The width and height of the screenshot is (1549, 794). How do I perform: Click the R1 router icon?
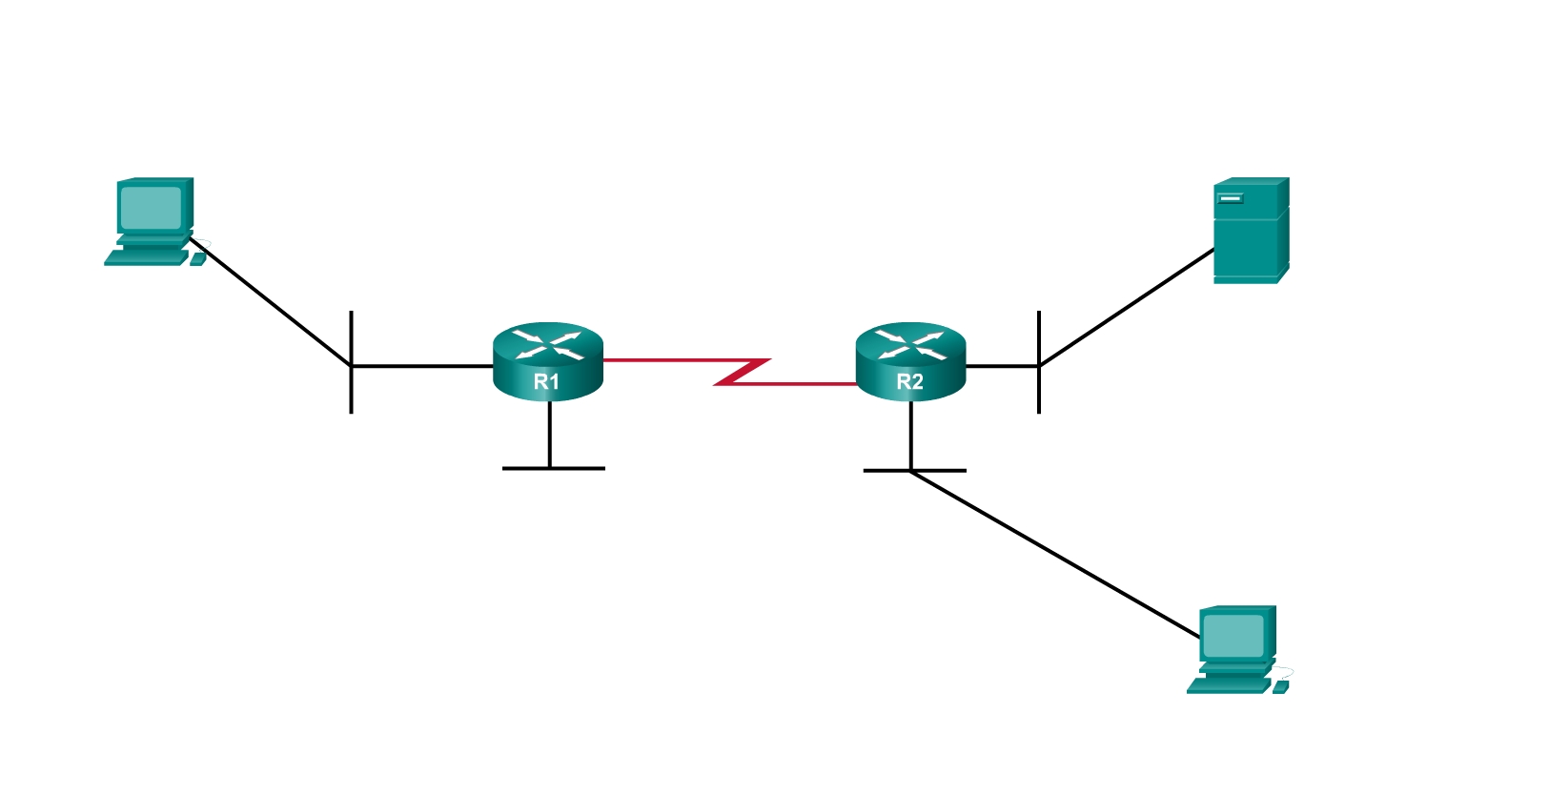pos(548,362)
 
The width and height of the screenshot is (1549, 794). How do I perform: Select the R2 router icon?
pos(910,362)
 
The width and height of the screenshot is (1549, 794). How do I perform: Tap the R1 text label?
pos(546,382)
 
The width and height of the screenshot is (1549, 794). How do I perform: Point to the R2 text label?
pos(909,382)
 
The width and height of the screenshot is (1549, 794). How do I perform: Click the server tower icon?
pos(1250,231)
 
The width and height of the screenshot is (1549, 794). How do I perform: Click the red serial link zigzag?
pos(743,372)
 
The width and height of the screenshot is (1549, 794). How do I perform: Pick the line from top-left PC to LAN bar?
pos(272,302)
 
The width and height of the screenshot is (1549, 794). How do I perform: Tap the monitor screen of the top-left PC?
pos(151,207)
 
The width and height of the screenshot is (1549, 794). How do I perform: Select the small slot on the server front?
pos(1231,198)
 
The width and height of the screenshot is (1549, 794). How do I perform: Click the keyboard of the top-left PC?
pos(145,257)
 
